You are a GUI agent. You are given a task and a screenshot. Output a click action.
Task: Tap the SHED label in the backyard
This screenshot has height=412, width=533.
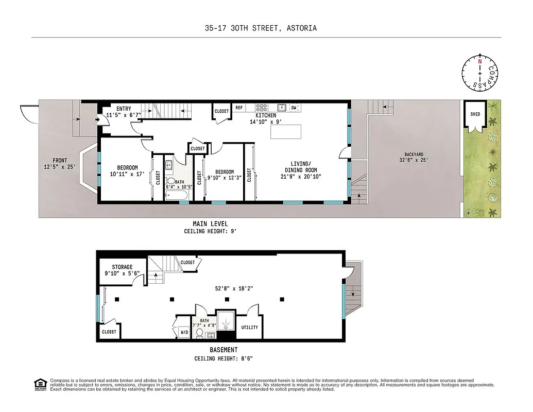(x=475, y=114)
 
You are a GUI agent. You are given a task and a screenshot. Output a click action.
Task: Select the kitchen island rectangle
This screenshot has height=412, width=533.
(x=286, y=131)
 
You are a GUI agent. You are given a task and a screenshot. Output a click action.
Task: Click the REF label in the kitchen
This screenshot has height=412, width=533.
(x=239, y=108)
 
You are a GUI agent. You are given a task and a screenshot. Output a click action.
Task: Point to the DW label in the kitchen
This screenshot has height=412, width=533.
(x=294, y=108)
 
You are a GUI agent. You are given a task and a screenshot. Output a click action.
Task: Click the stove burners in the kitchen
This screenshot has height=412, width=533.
(x=262, y=108)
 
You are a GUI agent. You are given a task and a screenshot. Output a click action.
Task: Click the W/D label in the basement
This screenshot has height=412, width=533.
(x=184, y=332)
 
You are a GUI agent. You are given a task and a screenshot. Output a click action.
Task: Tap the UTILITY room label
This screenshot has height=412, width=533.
(x=250, y=328)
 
